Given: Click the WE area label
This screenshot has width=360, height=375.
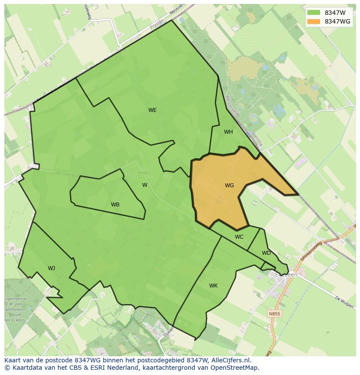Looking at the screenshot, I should coord(152,110).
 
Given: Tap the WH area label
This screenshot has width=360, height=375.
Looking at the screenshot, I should coord(228,132).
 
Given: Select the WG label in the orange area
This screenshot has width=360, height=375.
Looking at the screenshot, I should coord(229,186).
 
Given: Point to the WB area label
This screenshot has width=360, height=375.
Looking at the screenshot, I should coord(115,205).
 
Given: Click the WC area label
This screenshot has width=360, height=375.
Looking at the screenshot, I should coord(239,237).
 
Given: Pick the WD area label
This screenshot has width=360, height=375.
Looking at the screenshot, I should coord(266,253).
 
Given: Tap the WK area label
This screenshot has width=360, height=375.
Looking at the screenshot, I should coord(213,286).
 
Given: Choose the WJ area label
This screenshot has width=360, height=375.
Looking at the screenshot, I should coord(51,268).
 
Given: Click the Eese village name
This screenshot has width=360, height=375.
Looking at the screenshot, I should coord(143,173).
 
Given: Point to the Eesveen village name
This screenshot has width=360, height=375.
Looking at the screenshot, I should coord(287,275).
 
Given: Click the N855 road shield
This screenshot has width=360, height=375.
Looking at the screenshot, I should coord(274,314).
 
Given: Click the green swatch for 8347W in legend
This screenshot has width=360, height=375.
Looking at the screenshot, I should coord(313,13).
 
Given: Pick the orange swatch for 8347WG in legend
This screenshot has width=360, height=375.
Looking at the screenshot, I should coord(313,21).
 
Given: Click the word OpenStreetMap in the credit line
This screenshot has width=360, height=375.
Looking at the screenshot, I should coord(235,368).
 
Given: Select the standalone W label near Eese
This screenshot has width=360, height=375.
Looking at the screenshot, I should coord(145,185).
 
